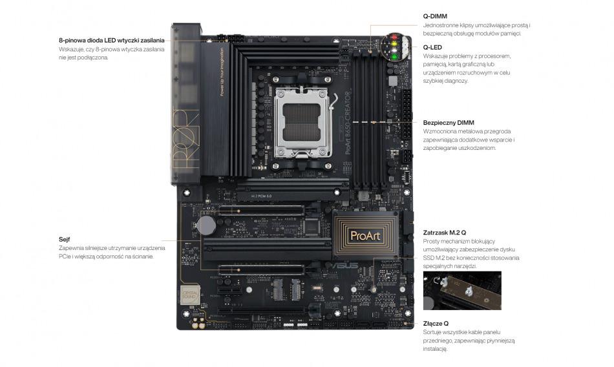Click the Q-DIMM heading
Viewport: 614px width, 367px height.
tap(435, 16)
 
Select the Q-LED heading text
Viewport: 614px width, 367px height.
tap(432, 47)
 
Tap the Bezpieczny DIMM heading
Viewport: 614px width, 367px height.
tap(449, 123)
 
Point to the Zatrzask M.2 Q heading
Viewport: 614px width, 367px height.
tap(445, 233)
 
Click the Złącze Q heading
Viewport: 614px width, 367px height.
tap(436, 324)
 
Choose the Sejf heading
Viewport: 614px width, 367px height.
tap(64, 239)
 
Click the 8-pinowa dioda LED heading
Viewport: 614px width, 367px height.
tap(112, 40)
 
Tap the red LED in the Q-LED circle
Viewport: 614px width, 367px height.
tap(394, 37)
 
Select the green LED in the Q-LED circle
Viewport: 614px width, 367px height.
tap(394, 58)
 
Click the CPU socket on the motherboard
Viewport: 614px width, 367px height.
tap(302, 122)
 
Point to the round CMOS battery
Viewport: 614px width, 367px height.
tap(206, 225)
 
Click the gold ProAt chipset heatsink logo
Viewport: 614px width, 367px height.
tap(365, 236)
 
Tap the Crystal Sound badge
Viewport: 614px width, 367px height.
tap(190, 295)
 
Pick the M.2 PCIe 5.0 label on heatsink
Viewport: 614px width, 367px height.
tap(261, 196)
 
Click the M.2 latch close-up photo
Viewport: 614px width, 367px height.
tap(462, 291)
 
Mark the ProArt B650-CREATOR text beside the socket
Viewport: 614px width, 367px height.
tap(347, 123)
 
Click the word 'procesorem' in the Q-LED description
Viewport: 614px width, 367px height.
tap(496, 56)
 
